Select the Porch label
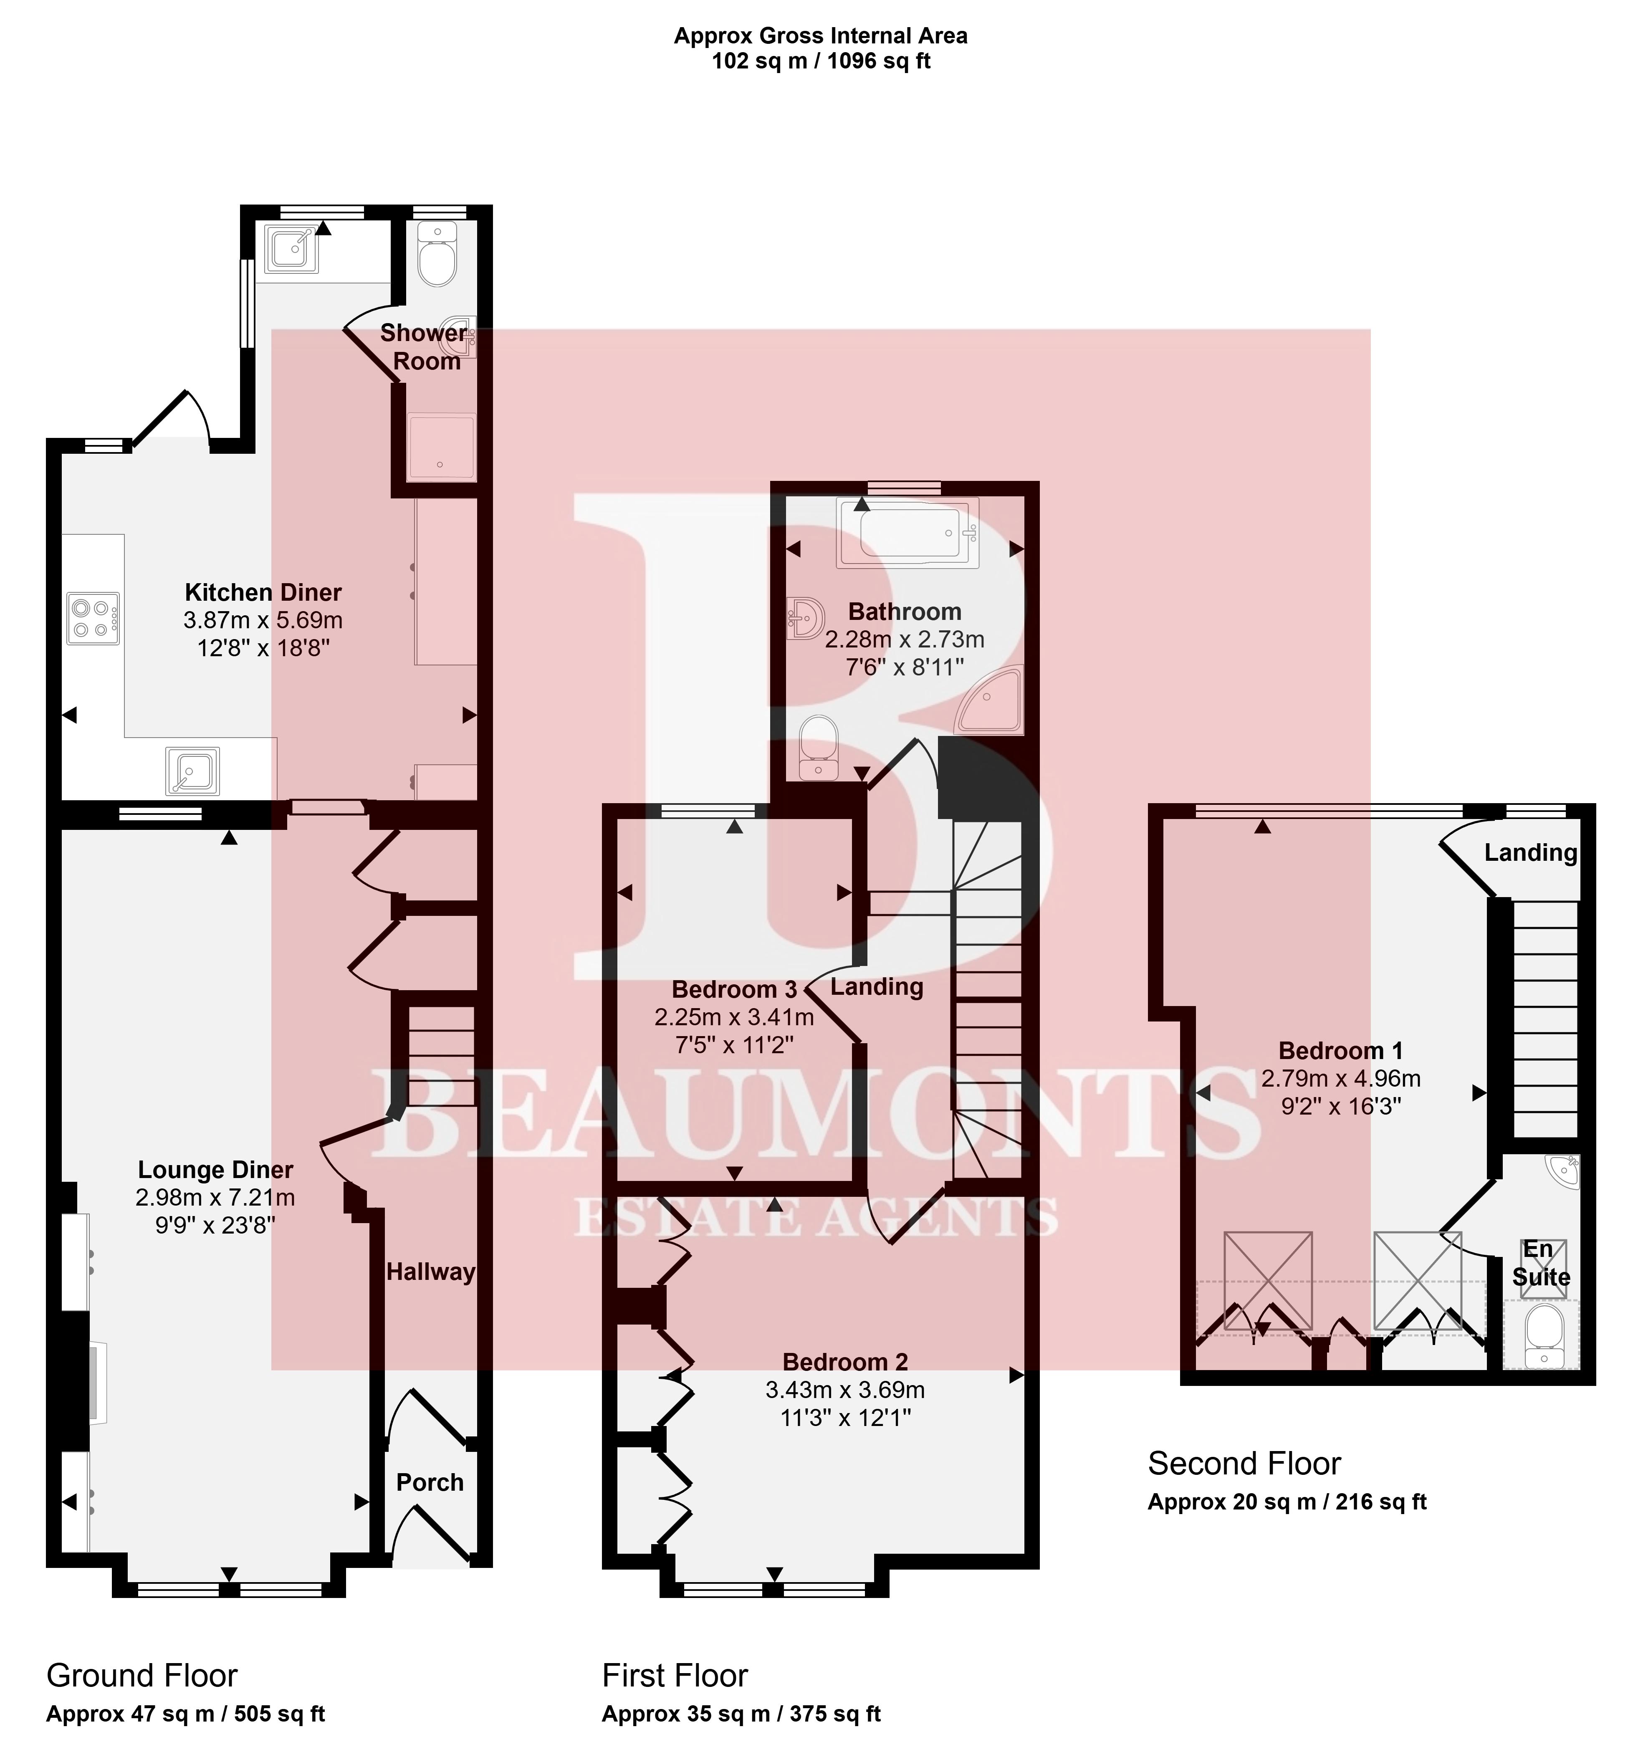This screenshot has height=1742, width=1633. tap(429, 1483)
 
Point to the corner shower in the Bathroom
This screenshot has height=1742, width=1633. tap(990, 699)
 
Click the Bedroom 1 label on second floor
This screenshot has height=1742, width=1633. tap(1340, 1051)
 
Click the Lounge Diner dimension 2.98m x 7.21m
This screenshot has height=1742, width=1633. tap(215, 1197)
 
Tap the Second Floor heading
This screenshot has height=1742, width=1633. tap(1244, 1463)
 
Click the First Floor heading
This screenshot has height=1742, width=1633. tap(675, 1675)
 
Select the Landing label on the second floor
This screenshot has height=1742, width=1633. tap(1530, 852)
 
